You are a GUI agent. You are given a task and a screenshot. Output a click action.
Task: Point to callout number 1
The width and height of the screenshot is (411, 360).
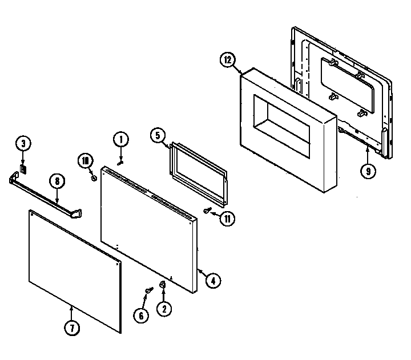[120, 139]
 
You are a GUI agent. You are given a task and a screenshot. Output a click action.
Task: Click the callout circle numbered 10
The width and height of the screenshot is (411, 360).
[86, 161]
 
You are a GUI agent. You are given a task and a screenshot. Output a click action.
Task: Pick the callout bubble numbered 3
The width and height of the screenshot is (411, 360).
[23, 144]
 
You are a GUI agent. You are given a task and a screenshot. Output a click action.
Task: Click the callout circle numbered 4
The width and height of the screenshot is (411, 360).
[212, 280]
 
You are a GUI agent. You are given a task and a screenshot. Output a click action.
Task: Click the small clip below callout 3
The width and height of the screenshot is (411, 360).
[23, 169]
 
